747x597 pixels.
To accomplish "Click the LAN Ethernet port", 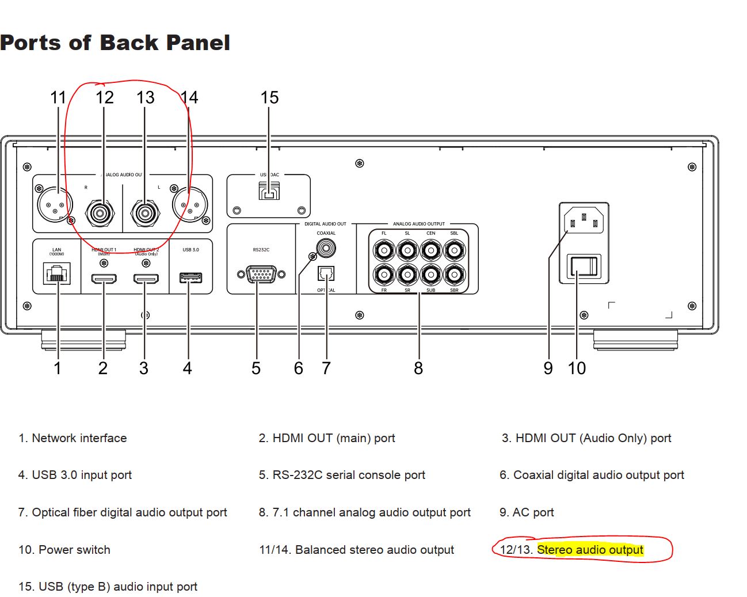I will point(57,273).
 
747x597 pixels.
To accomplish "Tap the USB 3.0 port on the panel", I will point(190,278).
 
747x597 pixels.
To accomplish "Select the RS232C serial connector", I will point(261,275).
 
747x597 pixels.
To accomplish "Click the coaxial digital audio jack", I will point(326,248).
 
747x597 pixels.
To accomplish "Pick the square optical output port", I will point(326,273).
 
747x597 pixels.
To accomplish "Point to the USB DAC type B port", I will point(269,191).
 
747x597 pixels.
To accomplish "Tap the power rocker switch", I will point(584,267).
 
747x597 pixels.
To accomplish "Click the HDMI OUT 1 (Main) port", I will point(104,279).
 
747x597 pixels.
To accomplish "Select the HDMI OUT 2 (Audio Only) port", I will point(146,279).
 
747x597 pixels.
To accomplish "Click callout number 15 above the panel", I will point(269,98).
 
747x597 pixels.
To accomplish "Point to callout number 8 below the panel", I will point(418,368).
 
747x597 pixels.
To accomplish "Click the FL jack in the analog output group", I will point(384,250).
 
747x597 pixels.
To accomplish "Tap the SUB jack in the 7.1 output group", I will point(431,275).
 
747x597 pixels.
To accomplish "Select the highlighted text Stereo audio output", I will point(590,550).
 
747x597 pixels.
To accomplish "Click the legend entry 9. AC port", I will point(527,512).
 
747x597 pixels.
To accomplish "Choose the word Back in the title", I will point(129,43).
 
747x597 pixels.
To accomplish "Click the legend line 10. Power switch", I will point(64,550).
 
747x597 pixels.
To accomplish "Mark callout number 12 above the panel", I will point(104,98).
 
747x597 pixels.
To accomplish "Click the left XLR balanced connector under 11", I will point(55,204).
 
